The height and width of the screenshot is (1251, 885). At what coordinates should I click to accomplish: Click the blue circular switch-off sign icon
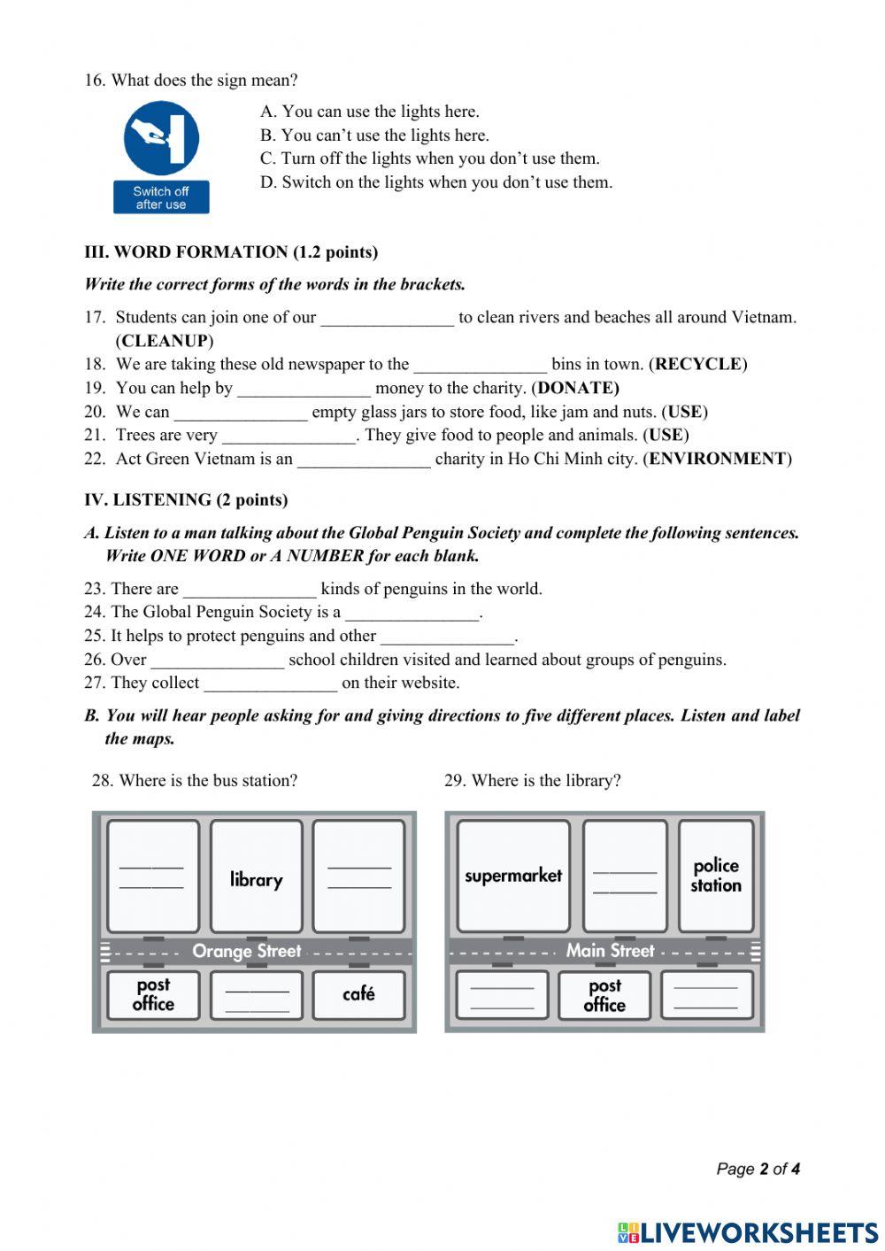click(161, 137)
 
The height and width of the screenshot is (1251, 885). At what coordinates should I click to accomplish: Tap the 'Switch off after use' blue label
click(161, 197)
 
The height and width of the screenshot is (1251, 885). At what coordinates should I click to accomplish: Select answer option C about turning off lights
click(430, 158)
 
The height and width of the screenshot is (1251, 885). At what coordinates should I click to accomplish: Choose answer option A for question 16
click(370, 112)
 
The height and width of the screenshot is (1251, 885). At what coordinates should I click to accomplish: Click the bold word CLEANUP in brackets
click(165, 341)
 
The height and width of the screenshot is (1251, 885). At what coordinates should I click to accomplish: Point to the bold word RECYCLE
click(698, 364)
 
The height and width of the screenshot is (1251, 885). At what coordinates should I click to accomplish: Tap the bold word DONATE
click(578, 388)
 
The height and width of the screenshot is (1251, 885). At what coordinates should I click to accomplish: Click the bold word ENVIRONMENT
click(718, 459)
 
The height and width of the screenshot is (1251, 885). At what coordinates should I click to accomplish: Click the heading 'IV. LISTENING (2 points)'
click(186, 500)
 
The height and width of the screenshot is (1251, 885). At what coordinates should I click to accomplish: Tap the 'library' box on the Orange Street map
click(256, 876)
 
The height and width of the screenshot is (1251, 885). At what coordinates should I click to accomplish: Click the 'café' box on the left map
click(358, 994)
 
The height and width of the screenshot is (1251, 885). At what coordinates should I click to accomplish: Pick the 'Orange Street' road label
click(247, 952)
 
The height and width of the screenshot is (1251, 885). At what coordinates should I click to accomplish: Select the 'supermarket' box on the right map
click(513, 876)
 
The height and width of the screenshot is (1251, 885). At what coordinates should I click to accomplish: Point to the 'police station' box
click(716, 876)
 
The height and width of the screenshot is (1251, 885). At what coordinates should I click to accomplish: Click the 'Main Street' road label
click(610, 952)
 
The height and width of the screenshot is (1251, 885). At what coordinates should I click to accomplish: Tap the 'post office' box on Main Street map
click(604, 995)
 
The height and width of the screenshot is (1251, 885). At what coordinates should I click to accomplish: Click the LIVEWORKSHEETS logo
click(748, 1232)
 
